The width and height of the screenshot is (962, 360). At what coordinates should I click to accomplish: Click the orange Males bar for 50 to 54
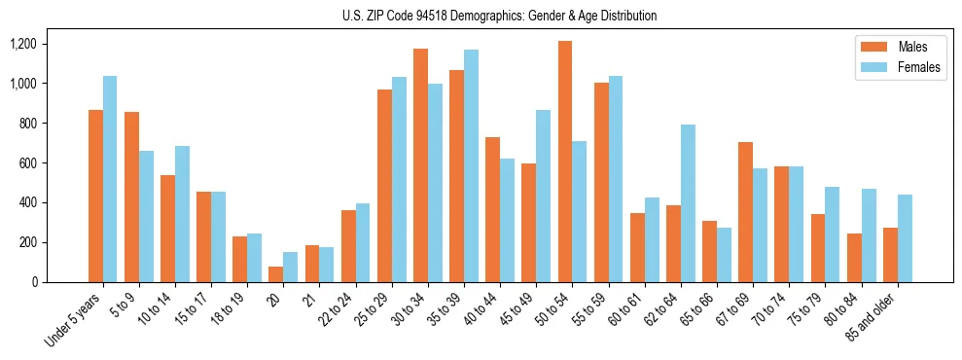click(564, 162)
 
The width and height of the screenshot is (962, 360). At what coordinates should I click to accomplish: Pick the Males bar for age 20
click(275, 274)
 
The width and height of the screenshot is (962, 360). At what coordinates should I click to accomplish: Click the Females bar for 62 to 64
click(688, 203)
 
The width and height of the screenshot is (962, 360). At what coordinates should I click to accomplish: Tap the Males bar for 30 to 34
click(420, 165)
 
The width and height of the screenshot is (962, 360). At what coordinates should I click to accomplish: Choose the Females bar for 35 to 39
click(471, 165)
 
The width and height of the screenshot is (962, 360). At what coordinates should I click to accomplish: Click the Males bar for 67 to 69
click(745, 212)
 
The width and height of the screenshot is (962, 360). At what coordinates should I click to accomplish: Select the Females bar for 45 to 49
click(543, 196)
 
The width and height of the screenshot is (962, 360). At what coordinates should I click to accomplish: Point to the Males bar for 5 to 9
click(131, 197)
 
